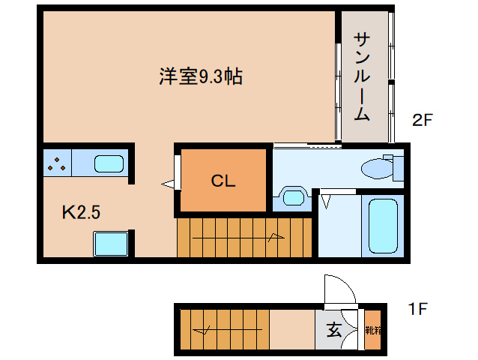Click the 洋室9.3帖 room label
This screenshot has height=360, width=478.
tap(200, 76)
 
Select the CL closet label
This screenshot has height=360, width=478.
tap(223, 181)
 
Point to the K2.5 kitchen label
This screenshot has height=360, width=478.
tap(80, 213)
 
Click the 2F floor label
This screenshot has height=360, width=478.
tap(423, 119)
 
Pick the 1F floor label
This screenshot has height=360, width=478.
tap(418, 308)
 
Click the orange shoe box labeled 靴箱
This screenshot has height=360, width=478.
tap(372, 329)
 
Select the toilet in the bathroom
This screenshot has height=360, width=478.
tap(378, 167)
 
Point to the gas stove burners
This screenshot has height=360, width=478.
tap(57, 163)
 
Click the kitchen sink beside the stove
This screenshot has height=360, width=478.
tap(109, 163)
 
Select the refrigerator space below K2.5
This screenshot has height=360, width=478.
tap(111, 244)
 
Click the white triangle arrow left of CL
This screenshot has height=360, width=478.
tap(168, 182)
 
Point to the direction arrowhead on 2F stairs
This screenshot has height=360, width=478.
tap(276, 238)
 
